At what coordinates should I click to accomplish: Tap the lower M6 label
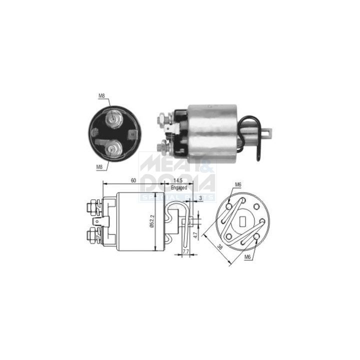247,257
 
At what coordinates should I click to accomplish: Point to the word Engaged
178,187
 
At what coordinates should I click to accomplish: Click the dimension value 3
200,198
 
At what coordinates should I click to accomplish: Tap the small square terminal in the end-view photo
132,133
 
